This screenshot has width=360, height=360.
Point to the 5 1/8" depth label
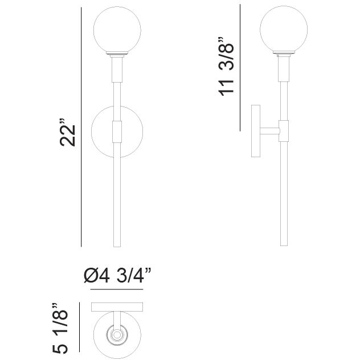coord(62,328)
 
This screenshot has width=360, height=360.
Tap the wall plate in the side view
coord(256,131)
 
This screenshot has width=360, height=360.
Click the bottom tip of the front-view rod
coord(117,246)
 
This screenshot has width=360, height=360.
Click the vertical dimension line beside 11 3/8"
coord(240,68)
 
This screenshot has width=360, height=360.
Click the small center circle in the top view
coord(117,335)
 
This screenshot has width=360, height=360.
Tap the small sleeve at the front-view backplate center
coord(117,132)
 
